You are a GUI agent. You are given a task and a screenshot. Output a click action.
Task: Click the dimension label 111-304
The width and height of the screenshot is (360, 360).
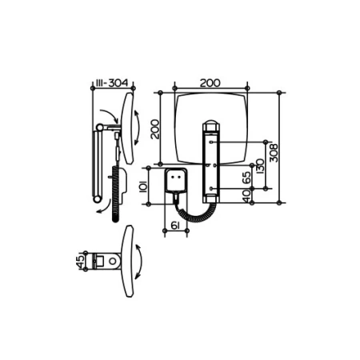[112, 83]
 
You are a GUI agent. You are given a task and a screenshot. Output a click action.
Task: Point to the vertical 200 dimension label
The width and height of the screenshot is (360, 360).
[155, 130]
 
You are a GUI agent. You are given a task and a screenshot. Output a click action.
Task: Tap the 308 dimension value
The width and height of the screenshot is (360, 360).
[274, 153]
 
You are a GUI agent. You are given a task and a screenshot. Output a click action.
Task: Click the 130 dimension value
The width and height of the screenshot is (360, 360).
[259, 166]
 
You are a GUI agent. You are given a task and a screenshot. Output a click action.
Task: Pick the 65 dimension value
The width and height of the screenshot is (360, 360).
[246, 178]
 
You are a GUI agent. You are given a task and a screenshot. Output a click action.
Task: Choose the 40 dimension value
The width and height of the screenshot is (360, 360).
[247, 196]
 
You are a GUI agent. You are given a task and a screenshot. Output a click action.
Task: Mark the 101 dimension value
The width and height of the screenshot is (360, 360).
[143, 186]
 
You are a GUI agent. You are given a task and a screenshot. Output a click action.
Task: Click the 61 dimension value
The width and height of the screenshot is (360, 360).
[174, 226]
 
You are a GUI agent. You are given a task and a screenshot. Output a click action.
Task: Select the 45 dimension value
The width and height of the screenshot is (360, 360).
[80, 262]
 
